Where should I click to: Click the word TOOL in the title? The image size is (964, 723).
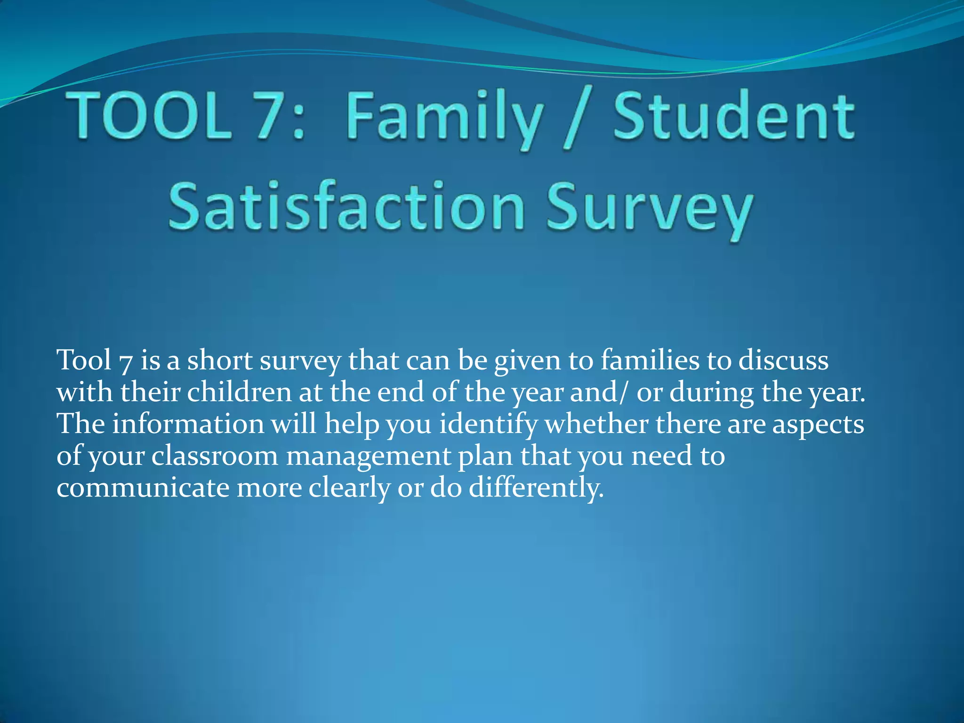click(150, 116)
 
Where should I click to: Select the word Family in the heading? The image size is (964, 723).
click(444, 118)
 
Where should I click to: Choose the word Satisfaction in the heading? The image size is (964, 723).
click(346, 206)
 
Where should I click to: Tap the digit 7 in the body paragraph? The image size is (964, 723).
click(126, 362)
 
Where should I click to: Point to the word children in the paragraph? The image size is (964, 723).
click(239, 392)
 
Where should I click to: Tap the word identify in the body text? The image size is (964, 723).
click(488, 425)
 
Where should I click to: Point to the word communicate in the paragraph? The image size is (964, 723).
click(143, 488)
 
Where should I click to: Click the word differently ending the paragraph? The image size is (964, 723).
click(536, 488)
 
